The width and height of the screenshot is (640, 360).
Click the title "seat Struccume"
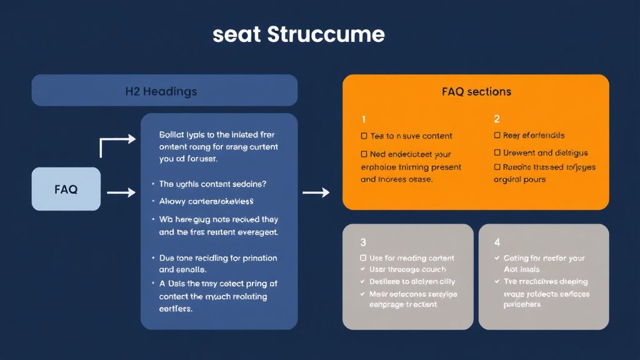(298, 34)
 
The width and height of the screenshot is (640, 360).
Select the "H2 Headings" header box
(164, 91)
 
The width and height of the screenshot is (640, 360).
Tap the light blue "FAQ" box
(66, 189)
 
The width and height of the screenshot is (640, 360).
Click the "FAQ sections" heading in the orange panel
(476, 91)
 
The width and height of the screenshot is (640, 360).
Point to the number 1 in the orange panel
(364, 119)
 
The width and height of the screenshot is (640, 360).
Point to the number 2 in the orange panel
(497, 119)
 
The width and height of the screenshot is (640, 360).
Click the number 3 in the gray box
(363, 242)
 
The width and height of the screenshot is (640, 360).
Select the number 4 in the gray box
(497, 242)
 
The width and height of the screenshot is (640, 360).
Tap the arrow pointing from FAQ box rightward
(121, 193)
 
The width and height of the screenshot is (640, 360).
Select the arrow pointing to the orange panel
(316, 193)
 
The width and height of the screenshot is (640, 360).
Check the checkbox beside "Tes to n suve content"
(364, 136)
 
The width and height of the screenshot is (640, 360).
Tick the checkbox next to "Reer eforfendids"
(497, 136)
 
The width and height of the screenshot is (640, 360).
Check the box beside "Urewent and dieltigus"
(497, 152)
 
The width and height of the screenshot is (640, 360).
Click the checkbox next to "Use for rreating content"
(364, 258)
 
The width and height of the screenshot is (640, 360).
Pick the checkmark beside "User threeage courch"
(364, 269)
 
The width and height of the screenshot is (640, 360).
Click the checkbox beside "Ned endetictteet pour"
(364, 154)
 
